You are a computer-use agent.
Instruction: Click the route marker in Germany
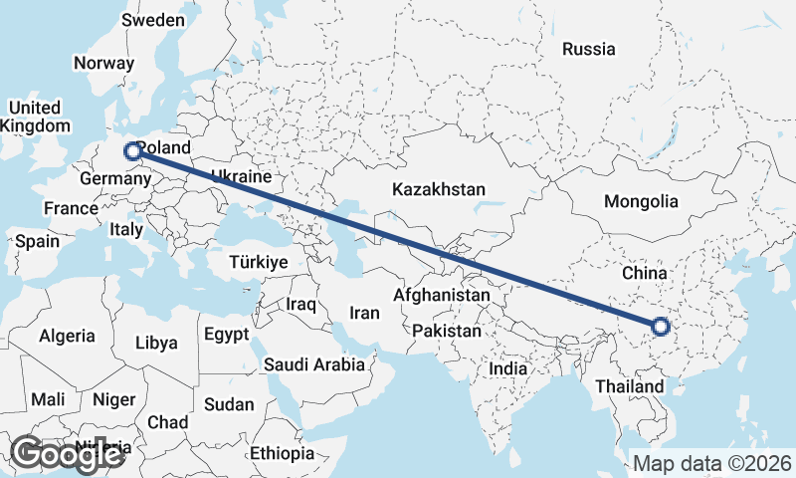click(131, 151)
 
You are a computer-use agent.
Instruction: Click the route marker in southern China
click(660, 325)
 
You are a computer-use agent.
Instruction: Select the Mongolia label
click(641, 201)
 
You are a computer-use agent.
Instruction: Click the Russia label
click(588, 48)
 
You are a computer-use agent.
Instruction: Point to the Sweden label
click(152, 20)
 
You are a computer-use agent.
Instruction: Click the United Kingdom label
click(35, 117)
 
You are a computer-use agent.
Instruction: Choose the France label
click(71, 208)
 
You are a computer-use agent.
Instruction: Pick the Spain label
click(38, 241)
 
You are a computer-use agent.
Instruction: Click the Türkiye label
click(258, 261)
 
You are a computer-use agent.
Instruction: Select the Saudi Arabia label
click(314, 364)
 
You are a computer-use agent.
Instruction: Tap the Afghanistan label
click(442, 296)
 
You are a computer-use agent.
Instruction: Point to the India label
click(507, 368)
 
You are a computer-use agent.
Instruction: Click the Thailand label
click(629, 385)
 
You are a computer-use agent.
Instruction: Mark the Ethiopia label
click(283, 453)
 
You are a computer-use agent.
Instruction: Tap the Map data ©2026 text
click(711, 463)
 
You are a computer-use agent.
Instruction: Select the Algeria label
click(68, 337)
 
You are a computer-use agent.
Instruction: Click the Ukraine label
click(240, 176)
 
